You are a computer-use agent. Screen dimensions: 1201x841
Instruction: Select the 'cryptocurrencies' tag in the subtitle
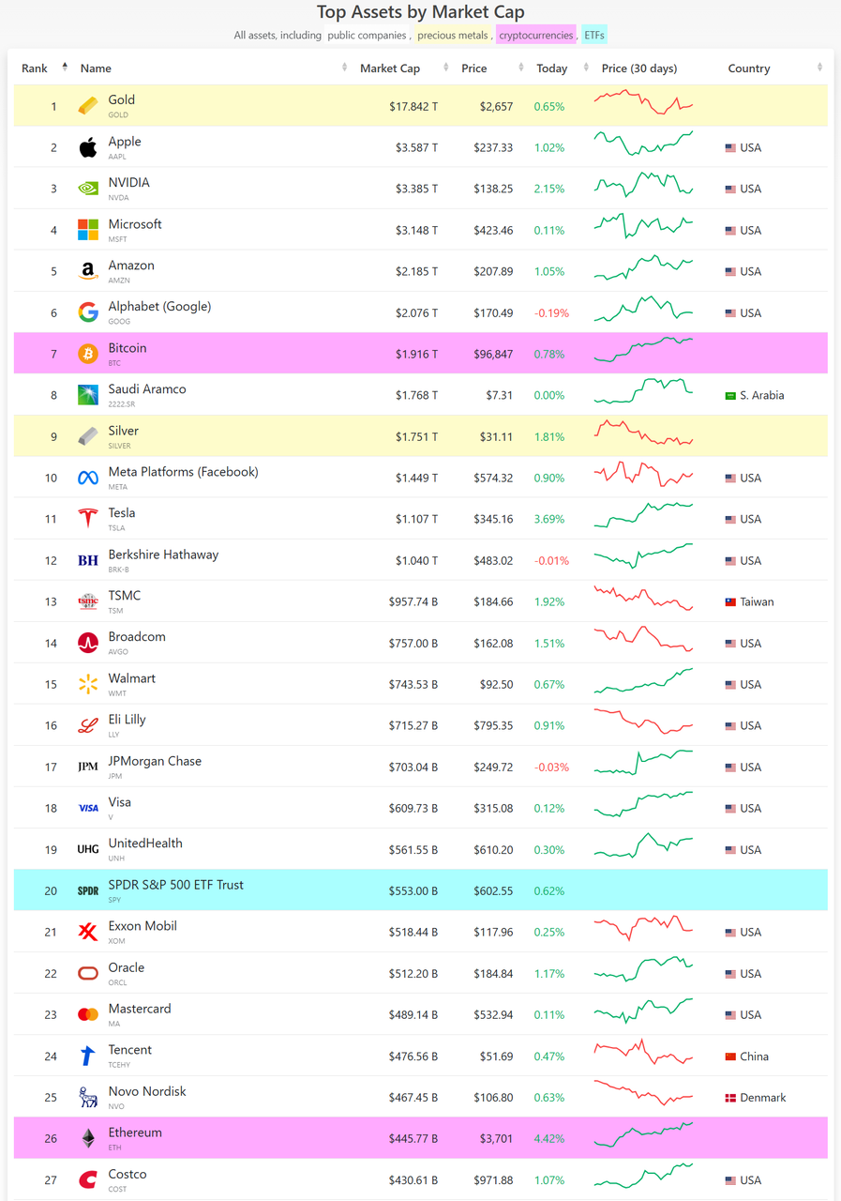click(x=535, y=36)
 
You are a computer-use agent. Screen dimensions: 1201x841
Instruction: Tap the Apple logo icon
click(x=88, y=147)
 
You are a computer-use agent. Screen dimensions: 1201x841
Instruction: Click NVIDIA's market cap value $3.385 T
click(x=413, y=189)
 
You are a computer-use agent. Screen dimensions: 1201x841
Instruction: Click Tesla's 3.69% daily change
click(x=549, y=519)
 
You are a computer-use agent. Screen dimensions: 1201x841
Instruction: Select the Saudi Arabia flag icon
click(x=730, y=396)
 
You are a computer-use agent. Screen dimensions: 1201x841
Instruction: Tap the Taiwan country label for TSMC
click(x=757, y=601)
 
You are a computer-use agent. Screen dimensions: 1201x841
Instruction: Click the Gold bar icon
click(x=88, y=106)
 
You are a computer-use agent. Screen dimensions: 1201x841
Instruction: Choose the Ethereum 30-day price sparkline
click(x=643, y=1137)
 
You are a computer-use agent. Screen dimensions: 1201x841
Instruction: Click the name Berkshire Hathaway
click(x=163, y=555)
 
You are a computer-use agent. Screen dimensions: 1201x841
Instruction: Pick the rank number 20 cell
click(x=51, y=890)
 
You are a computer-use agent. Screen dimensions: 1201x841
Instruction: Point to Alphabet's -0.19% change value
click(x=551, y=312)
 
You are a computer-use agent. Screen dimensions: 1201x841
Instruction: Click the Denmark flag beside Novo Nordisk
click(x=730, y=1098)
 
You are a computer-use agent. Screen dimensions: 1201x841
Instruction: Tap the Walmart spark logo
click(x=88, y=685)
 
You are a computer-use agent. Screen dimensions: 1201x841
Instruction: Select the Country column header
click(x=748, y=68)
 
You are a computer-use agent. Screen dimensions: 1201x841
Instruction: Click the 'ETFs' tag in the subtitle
click(x=594, y=36)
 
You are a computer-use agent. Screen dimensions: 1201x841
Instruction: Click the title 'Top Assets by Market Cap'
click(x=420, y=12)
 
